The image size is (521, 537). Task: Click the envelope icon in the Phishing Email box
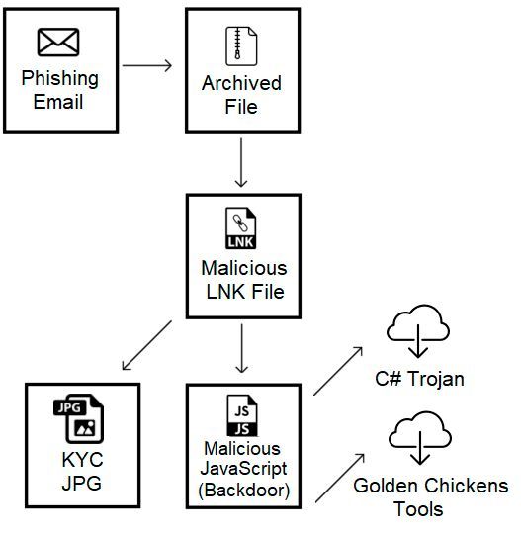pos(58,43)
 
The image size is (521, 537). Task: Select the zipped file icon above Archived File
pos(241,45)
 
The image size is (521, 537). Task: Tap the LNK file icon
pos(242,229)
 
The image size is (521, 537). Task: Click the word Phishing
pos(59,78)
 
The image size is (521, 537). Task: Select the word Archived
pos(241,82)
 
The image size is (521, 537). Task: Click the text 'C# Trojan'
pos(419,378)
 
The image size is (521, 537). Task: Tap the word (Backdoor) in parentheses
pos(242,491)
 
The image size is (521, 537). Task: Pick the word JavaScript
pos(242,472)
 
